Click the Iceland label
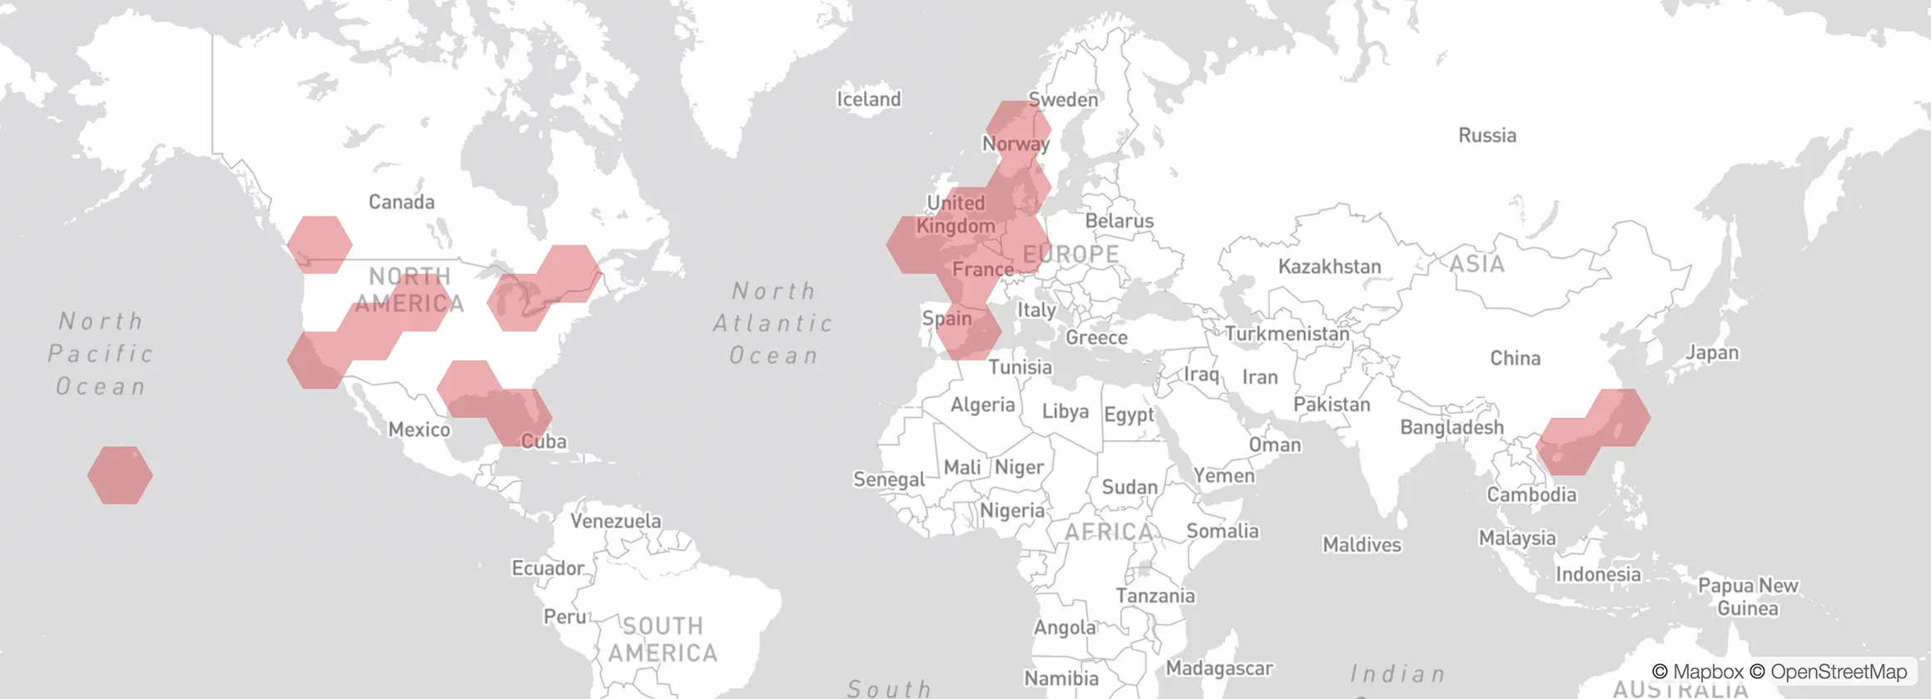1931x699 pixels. click(868, 99)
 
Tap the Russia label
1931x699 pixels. click(1487, 135)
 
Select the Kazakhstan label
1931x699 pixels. click(1329, 266)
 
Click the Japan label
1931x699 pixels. click(1711, 352)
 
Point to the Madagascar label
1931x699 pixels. click(1219, 667)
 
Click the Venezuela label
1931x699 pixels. click(615, 521)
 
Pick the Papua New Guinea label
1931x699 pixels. click(1747, 597)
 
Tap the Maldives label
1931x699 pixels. click(1362, 545)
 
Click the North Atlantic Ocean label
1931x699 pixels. click(773, 323)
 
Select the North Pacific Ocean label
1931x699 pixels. click(101, 354)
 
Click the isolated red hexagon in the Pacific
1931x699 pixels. click(120, 475)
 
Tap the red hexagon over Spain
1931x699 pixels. click(969, 332)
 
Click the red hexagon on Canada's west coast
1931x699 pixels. click(320, 245)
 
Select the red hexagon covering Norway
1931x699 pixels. click(1019, 129)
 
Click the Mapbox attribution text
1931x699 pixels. click(1698, 672)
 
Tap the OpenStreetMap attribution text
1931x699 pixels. click(1829, 672)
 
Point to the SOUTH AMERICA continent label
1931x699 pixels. click(663, 639)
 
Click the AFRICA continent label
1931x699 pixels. click(1109, 531)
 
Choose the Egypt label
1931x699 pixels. click(1129, 414)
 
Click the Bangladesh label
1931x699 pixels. click(1452, 427)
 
